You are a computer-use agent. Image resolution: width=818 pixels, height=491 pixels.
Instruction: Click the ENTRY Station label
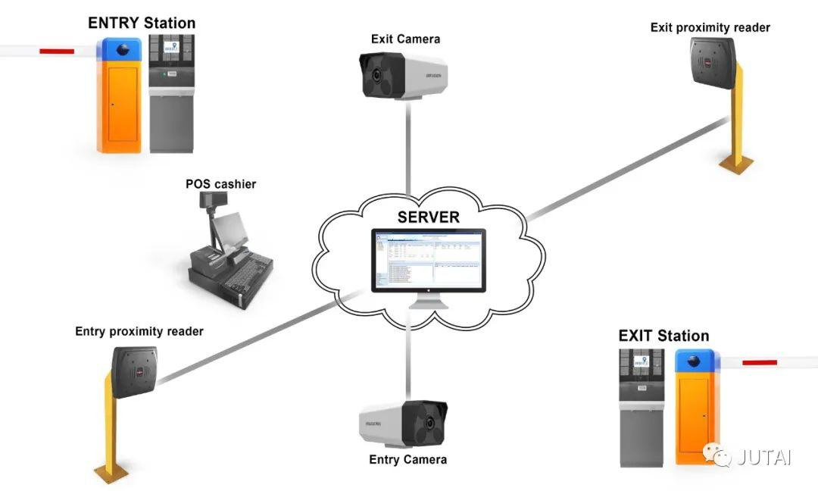point(142,23)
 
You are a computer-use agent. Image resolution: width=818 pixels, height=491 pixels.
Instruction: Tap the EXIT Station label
point(663,336)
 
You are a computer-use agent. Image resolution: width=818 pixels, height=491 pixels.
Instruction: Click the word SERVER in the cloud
point(428,217)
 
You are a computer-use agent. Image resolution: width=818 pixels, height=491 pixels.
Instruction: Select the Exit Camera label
point(405,39)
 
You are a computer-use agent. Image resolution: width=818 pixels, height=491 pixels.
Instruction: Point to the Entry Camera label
point(407,459)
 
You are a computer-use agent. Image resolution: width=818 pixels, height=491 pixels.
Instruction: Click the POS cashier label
point(220,184)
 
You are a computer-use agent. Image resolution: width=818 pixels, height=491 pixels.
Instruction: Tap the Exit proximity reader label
point(710,27)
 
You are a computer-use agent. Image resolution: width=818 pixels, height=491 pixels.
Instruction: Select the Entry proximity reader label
point(139,331)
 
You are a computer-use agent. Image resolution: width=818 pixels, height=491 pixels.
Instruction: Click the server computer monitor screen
point(429,261)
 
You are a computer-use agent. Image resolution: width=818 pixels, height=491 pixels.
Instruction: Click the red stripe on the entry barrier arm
point(57,52)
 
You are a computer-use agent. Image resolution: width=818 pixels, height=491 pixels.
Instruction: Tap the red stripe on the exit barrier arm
point(760,362)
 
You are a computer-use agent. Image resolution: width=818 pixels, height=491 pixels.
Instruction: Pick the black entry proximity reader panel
point(136,371)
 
